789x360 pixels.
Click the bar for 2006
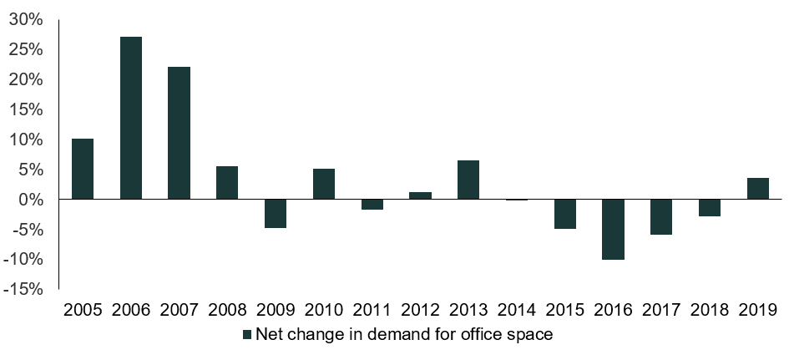[131, 118]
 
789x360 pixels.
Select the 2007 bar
[179, 133]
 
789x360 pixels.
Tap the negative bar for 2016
[614, 230]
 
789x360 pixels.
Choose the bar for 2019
[758, 189]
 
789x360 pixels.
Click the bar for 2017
[661, 217]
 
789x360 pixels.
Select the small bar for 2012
[420, 196]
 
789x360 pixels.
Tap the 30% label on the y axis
[26, 20]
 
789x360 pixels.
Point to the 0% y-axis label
[32, 200]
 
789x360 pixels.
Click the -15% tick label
[23, 289]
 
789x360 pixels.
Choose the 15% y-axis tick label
[26, 109]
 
